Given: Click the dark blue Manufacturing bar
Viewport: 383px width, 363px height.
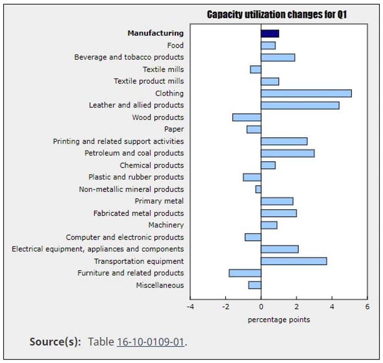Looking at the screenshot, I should tap(270, 33).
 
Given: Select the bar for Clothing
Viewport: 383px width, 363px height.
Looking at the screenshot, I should tap(306, 93).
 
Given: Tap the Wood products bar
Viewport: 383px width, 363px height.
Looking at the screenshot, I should tap(247, 117).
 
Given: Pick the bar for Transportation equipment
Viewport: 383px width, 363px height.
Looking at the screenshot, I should tap(293, 261).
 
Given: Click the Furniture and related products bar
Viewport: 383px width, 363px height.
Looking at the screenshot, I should tap(245, 273).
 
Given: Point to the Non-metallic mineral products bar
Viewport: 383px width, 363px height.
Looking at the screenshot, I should tap(258, 189).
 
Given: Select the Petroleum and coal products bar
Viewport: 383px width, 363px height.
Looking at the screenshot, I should tap(288, 153).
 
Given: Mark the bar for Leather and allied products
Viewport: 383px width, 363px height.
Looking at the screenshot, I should tap(300, 105).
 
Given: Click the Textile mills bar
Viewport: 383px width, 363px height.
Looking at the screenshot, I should tap(255, 69).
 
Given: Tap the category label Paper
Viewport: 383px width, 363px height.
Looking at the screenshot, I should tap(174, 129).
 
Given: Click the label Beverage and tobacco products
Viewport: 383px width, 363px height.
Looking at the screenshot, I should tap(129, 57).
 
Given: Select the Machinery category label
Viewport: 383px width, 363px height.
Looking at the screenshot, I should tap(166, 225).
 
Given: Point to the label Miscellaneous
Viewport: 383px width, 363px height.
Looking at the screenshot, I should tap(159, 285).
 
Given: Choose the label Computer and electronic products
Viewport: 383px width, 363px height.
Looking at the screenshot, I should tap(125, 237).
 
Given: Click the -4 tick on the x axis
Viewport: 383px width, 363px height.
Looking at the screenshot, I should tap(190, 307).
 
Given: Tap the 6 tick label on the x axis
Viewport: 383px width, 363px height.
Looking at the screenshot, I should tap(367, 307).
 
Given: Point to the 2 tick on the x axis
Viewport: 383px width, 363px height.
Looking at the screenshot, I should tap(296, 307).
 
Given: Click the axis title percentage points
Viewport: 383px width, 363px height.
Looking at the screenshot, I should tap(279, 320).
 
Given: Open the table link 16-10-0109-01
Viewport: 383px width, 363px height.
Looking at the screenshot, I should tap(150, 342).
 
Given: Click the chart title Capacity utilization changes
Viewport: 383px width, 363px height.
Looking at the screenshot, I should tap(277, 15).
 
